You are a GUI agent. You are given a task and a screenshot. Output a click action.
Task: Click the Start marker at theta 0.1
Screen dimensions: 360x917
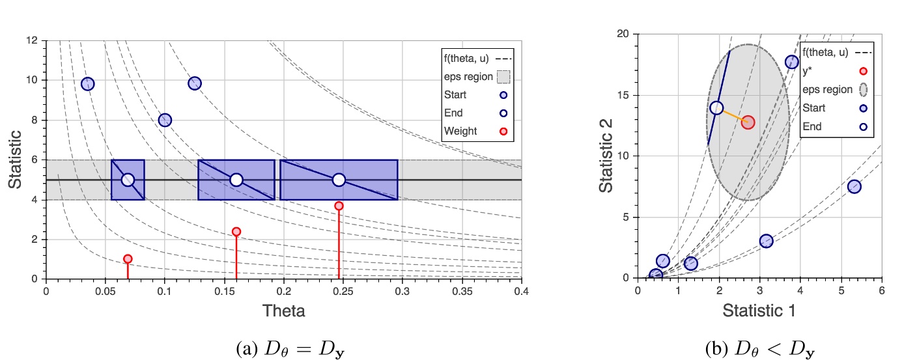165,120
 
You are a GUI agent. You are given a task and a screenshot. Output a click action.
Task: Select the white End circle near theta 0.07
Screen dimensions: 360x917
128,180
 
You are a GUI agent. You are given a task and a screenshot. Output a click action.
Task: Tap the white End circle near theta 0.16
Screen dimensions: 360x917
236,180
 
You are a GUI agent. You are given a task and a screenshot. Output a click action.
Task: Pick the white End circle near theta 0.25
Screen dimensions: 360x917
339,180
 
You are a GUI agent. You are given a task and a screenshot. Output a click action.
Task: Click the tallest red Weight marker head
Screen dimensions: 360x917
339,206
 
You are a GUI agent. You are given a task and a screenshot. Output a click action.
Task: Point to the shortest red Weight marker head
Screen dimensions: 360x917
128,258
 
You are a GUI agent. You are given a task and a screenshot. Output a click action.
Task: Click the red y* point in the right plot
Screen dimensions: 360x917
748,122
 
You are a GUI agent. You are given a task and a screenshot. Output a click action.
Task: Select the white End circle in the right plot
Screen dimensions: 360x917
716,108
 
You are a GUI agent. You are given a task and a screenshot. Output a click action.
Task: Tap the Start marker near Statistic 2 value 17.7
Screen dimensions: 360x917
791,62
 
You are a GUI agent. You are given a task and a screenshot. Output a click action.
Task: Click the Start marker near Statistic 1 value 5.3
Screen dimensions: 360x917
854,187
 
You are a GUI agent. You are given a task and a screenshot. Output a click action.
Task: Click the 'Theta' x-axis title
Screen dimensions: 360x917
283,311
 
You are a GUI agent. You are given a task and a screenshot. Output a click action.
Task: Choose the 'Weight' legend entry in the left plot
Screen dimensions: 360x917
460,131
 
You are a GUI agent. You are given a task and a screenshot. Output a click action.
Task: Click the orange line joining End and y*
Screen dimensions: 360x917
732,115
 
